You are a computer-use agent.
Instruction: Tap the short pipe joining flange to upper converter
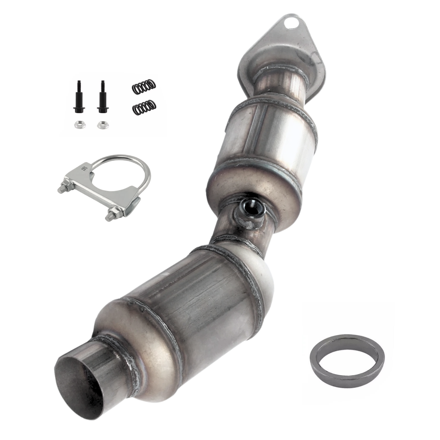280,82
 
